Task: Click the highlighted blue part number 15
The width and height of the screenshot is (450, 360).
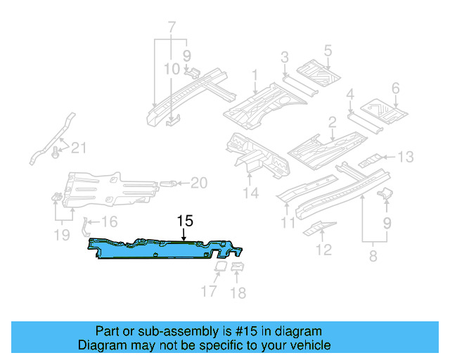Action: pos(165,250)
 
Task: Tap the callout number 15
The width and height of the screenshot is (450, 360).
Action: pos(184,220)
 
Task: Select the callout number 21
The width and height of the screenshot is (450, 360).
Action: pos(79,147)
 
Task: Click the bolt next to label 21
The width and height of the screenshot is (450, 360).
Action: pos(57,148)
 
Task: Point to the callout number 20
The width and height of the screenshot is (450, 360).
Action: pos(199,184)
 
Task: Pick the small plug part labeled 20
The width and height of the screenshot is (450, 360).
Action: pos(169,184)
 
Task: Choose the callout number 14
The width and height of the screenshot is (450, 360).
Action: pos(251,193)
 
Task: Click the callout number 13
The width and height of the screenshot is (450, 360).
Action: pos(406,157)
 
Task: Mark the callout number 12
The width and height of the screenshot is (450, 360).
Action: pos(324,249)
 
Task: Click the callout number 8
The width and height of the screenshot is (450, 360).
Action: pos(372,256)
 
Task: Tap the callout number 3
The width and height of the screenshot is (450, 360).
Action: pos(285,57)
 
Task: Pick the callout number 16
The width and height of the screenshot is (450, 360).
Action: pos(110,222)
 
